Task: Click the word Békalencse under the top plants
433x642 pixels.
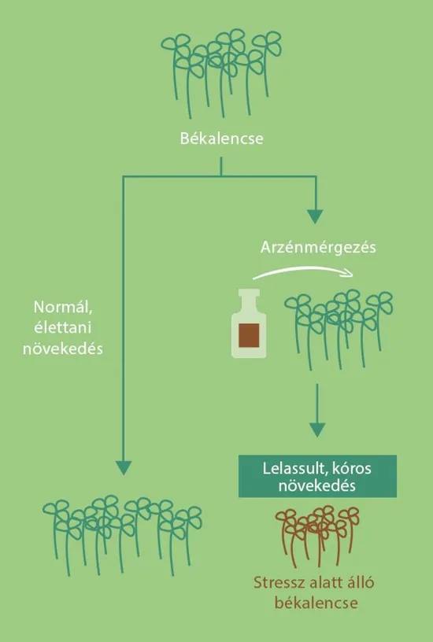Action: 222,138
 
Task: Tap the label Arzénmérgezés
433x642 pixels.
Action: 318,247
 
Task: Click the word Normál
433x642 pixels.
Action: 63,307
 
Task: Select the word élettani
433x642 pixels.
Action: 63,327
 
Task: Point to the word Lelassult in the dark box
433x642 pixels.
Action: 294,468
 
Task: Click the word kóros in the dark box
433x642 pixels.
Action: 351,468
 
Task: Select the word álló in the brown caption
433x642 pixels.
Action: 359,582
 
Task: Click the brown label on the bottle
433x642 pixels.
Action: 249,335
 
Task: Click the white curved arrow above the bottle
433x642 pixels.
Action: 303,271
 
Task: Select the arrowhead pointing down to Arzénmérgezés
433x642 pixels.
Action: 315,216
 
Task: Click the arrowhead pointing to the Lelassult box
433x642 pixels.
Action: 317,430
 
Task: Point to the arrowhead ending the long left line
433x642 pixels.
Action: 124,467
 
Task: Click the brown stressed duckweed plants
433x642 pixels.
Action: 317,535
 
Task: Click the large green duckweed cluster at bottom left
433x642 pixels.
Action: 122,535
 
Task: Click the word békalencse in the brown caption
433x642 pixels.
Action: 316,603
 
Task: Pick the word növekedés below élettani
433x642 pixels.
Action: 63,349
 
